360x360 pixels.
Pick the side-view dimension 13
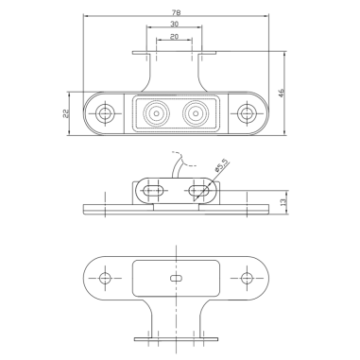(x=283, y=201)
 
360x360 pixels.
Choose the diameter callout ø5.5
(x=219, y=169)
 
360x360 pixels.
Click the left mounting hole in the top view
(x=104, y=114)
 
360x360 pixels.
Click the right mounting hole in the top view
(x=248, y=114)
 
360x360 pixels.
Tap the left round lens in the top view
(x=153, y=114)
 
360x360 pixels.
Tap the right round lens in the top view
(x=197, y=114)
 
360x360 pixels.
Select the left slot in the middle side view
(x=152, y=192)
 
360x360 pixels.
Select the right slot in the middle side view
(x=198, y=192)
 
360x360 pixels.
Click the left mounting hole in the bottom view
(x=104, y=279)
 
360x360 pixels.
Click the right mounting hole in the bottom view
(x=248, y=279)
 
